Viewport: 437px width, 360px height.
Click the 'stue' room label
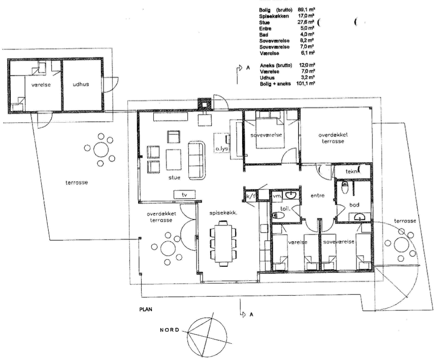tap(174, 177)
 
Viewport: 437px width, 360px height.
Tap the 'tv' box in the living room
tap(185, 194)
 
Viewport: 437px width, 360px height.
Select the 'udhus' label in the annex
tap(81, 84)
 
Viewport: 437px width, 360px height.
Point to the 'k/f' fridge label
tap(251, 196)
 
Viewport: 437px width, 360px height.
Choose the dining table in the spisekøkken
tap(223, 243)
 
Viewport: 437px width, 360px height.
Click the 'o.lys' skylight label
tap(222, 149)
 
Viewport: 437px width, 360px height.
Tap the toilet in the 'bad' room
tap(345, 189)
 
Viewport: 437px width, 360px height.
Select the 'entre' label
tap(317, 195)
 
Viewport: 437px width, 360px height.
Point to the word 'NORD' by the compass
tap(170, 330)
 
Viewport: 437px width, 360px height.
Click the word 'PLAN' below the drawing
tap(146, 309)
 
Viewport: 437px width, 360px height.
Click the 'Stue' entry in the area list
tap(264, 22)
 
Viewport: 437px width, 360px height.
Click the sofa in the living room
tap(196, 160)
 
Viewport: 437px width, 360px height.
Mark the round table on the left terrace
tap(101, 150)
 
